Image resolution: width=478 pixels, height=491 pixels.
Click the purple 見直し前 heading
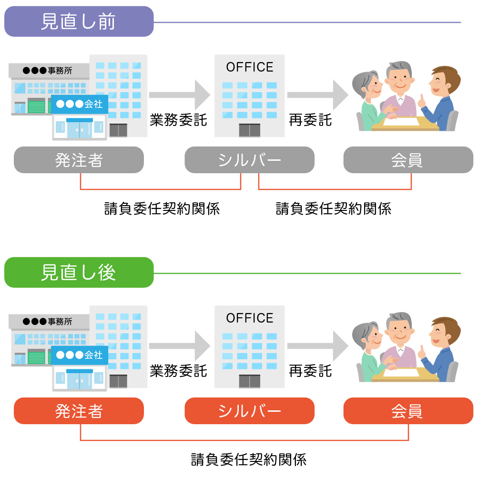click(79, 21)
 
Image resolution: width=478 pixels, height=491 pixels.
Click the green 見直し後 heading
click(79, 272)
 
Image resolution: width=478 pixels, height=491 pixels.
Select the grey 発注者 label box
click(79, 160)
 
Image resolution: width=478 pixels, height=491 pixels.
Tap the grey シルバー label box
click(249, 160)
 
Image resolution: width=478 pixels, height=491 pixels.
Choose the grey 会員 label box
click(408, 160)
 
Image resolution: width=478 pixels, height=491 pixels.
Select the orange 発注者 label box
click(79, 411)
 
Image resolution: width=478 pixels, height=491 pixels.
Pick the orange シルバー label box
click(249, 411)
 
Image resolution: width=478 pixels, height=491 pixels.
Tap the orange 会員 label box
click(408, 411)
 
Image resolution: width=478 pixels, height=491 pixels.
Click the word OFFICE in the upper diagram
click(250, 67)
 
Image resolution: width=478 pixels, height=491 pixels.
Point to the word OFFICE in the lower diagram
click(250, 318)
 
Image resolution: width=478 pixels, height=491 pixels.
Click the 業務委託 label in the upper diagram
click(178, 120)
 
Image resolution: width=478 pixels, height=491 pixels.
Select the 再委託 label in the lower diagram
click(310, 371)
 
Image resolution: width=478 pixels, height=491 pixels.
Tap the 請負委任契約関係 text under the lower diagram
click(248, 460)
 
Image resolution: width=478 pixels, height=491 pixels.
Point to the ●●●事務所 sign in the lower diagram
click(48, 322)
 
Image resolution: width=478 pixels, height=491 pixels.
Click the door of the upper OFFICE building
click(249, 130)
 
